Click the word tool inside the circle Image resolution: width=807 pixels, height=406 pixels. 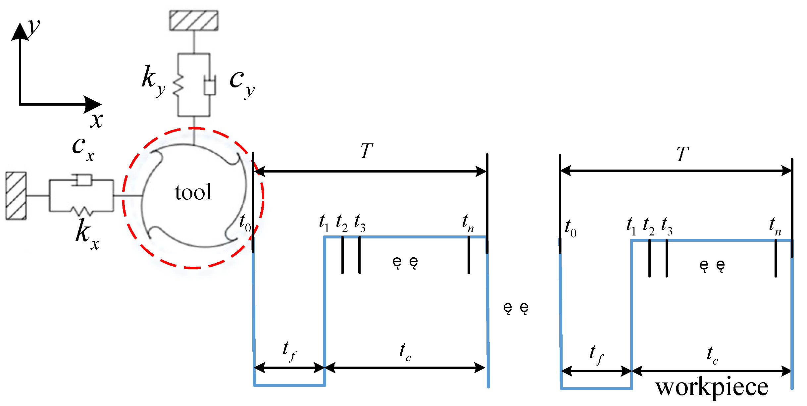coord(193,192)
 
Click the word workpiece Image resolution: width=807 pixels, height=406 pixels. coord(712,387)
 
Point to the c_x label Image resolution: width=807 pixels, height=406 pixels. coord(83,149)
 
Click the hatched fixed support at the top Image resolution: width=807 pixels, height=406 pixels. coord(194,21)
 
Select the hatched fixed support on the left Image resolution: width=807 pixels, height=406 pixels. coord(16,196)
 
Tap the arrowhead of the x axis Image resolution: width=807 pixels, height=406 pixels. coord(93,105)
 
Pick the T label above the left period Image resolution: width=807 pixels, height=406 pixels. coord(367,151)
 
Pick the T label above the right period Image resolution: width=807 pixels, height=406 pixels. coord(682,154)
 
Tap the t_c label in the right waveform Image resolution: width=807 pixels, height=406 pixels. coord(712,355)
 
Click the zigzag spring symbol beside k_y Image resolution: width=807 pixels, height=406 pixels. coord(178,85)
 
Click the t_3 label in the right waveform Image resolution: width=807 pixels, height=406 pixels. coord(667,227)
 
